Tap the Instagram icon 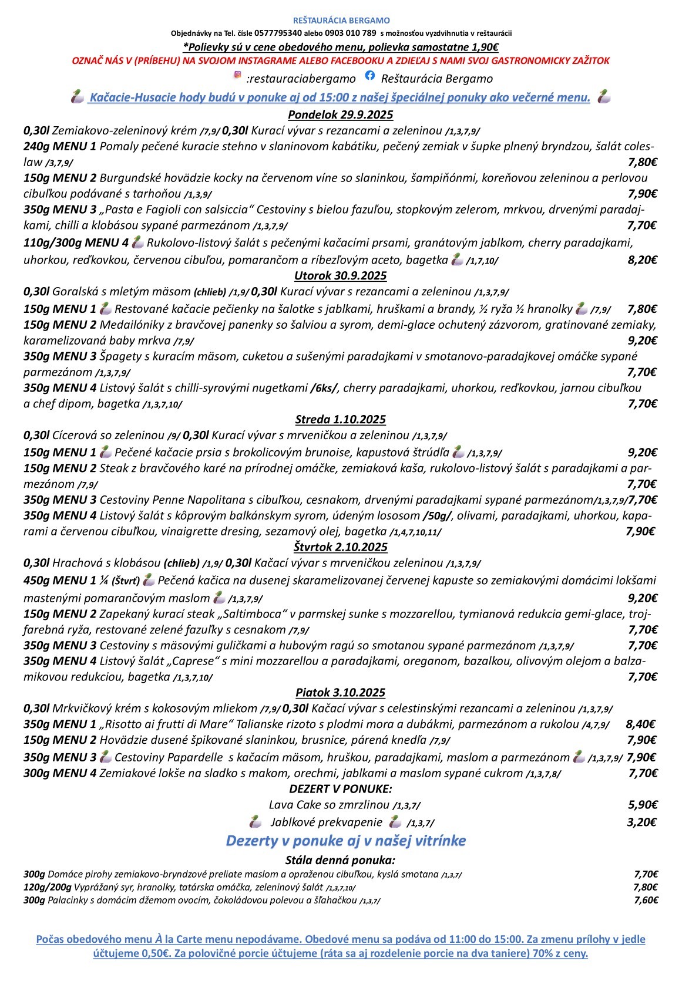(238, 75)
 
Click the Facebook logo (369, 75)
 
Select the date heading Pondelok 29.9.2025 (340, 114)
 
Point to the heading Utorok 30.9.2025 (340, 275)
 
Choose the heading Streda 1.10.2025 (340, 419)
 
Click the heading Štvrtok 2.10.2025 (340, 547)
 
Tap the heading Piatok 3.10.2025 (340, 692)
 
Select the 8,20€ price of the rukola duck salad (642, 260)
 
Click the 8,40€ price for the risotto (641, 724)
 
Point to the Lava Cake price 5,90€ (642, 804)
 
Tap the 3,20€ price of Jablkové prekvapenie (642, 822)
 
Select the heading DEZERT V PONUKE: (340, 788)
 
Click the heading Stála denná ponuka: (340, 861)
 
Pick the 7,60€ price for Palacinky (646, 900)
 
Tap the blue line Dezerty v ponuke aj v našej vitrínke (345, 841)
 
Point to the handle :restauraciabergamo (301, 79)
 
